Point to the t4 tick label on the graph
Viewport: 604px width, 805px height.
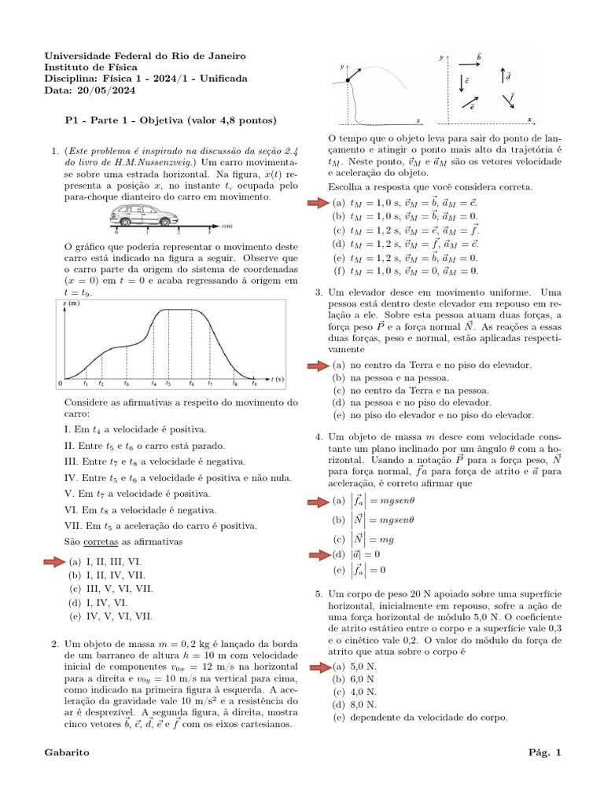pyautogui.click(x=154, y=384)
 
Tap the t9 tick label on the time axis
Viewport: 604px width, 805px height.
pyautogui.click(x=253, y=384)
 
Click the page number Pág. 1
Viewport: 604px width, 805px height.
pyautogui.click(x=546, y=753)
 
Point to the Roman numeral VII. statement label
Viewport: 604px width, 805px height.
pyautogui.click(x=73, y=525)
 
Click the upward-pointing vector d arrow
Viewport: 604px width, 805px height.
pyautogui.click(x=503, y=76)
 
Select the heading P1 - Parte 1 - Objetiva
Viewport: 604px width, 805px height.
pyautogui.click(x=170, y=121)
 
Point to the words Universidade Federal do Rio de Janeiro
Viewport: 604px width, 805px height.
pyautogui.click(x=145, y=57)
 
